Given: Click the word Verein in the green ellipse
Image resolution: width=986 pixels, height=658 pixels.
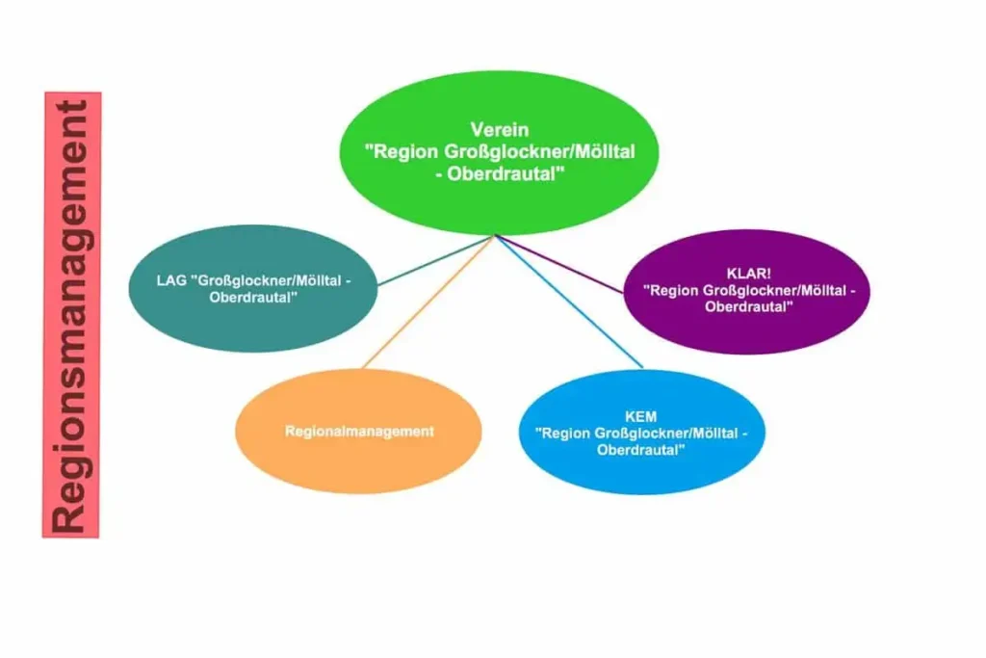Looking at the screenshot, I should click(500, 129).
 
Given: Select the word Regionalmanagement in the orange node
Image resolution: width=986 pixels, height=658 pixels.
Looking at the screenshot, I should click(358, 432).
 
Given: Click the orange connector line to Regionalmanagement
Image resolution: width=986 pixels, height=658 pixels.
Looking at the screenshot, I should click(424, 307).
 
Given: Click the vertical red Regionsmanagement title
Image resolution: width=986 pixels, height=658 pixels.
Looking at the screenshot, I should click(71, 315).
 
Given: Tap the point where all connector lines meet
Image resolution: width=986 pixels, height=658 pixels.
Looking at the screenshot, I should click(496, 235).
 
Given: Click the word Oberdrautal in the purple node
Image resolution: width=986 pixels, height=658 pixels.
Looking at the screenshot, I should click(748, 307).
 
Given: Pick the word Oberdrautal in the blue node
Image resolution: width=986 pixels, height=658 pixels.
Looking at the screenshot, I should click(640, 450).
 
